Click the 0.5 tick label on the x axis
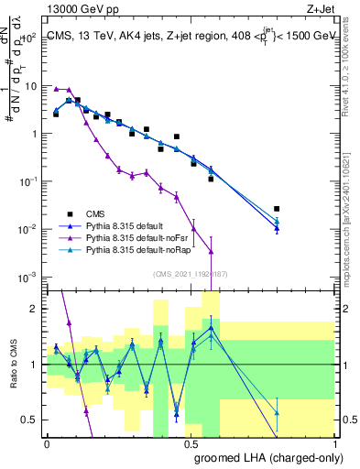[x=191, y=443]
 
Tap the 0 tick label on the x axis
[x=47, y=443]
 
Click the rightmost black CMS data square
[x=277, y=209]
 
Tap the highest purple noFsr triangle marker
[x=56, y=89]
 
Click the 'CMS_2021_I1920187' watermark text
[x=190, y=273]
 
